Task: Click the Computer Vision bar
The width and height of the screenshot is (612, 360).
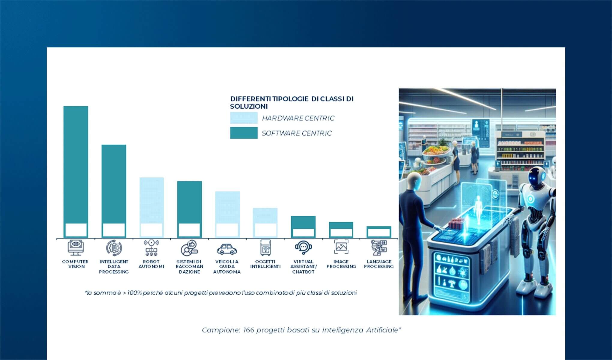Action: (76, 165)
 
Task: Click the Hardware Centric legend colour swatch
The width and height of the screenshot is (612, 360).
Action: (244, 118)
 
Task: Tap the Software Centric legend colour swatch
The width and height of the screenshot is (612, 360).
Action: (244, 133)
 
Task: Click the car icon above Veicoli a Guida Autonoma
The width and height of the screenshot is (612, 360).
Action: (227, 249)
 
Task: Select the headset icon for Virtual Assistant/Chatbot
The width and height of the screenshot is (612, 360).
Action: (303, 248)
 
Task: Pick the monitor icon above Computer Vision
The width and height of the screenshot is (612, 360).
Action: (76, 248)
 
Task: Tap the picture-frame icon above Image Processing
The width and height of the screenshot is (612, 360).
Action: (341, 247)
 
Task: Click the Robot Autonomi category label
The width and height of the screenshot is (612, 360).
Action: (151, 264)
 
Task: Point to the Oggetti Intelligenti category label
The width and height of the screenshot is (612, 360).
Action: (265, 264)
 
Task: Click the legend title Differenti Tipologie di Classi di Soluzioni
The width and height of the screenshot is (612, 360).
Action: (292, 102)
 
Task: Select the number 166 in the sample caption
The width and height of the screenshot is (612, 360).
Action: (248, 330)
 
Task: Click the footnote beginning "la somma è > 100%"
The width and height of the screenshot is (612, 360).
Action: (221, 293)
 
